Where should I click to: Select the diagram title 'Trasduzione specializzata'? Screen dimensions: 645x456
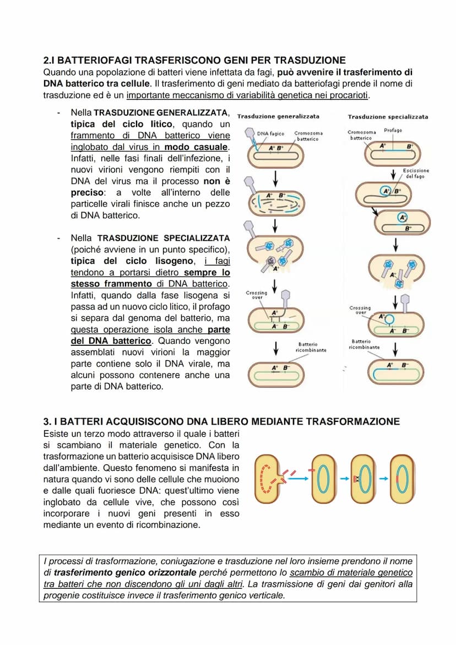point(387,116)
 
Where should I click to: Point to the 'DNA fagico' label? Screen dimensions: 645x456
point(270,133)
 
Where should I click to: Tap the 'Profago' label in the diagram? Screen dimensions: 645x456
point(393,130)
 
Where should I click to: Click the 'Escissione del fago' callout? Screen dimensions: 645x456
point(417,174)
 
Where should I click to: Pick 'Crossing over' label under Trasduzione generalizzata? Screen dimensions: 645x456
point(257,295)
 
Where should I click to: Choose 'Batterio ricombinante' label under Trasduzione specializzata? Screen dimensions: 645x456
point(364,344)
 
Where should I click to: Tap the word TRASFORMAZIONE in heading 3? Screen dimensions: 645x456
point(352,422)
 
